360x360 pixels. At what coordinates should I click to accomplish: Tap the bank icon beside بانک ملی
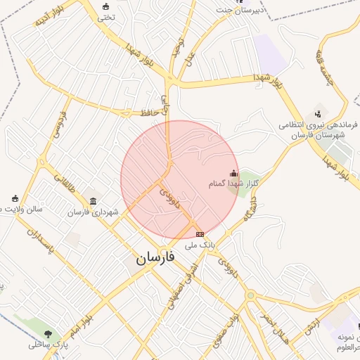point(200,234)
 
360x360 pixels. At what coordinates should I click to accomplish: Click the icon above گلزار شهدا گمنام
point(233,173)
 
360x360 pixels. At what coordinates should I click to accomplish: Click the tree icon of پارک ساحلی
point(48,333)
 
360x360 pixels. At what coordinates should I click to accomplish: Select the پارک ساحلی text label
point(47,345)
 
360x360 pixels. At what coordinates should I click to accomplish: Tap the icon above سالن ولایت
point(15,198)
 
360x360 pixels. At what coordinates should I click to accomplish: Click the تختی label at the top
point(105,18)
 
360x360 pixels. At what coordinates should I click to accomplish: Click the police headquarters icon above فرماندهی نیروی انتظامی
point(318,112)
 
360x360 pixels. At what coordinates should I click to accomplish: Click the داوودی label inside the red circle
point(169,201)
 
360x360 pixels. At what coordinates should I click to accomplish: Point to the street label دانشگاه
point(251,207)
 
